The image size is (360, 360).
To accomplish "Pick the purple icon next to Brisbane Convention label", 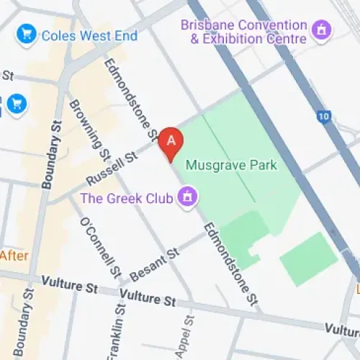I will pos(322,31).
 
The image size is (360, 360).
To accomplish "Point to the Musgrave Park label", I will pos(231,165).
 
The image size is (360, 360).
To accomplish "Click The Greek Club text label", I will pos(126,197).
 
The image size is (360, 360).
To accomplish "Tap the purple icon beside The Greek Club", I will pos(189,196).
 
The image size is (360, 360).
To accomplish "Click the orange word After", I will pos(14,255).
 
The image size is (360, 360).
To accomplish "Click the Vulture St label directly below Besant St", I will pos(148,296).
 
